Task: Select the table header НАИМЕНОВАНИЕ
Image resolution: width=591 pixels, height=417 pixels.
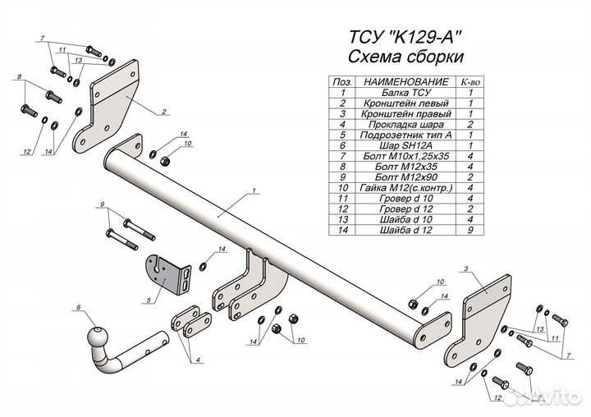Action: point(405,82)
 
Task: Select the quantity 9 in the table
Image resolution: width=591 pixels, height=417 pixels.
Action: point(470,231)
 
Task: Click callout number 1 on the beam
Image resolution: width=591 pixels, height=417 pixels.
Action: point(255,190)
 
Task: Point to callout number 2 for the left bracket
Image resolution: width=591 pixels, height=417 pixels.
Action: point(165,111)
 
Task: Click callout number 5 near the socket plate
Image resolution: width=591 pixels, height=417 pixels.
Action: point(149,301)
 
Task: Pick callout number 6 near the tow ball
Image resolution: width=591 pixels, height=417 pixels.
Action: point(79,308)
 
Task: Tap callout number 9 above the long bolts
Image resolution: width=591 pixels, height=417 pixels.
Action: point(102,204)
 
